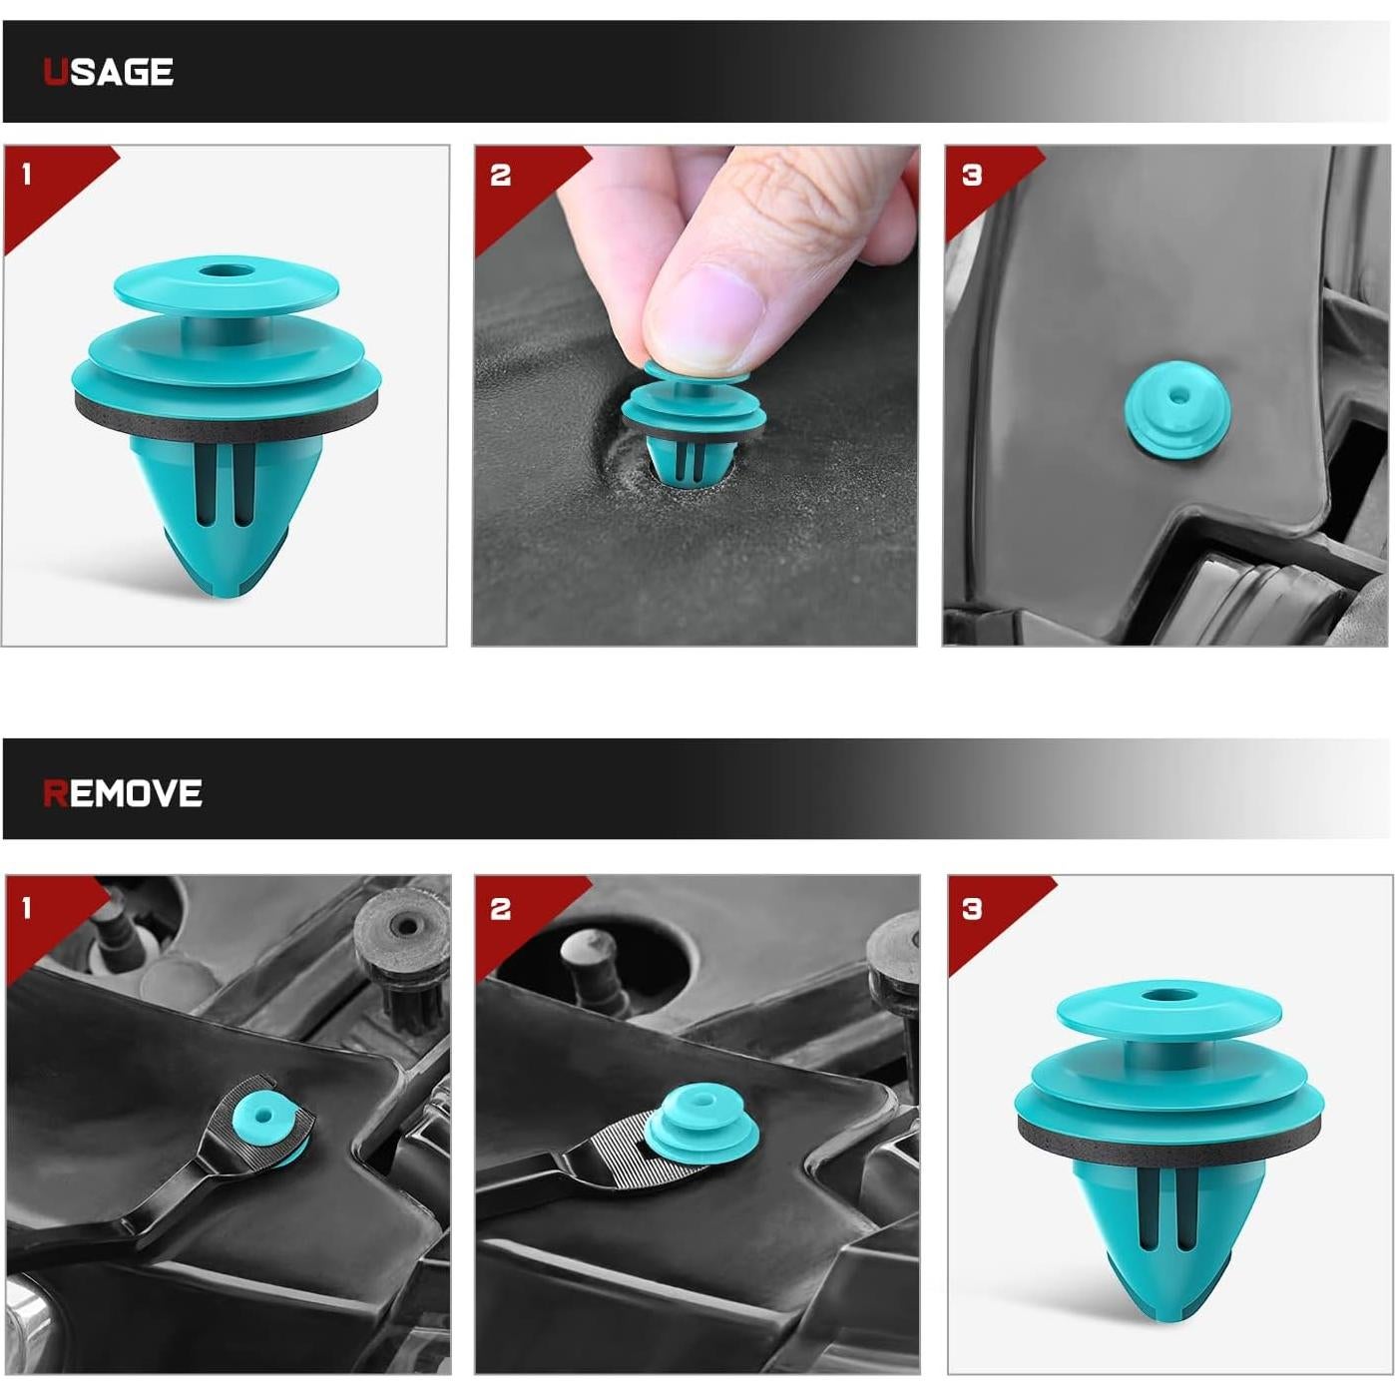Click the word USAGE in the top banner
[x=109, y=72]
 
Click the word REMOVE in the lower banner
[x=123, y=793]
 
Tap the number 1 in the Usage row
[x=27, y=175]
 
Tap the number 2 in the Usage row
[x=500, y=176]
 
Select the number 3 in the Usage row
[x=972, y=176]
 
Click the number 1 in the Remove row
[x=27, y=908]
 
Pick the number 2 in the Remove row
[x=500, y=908]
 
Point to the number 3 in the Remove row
[x=972, y=908]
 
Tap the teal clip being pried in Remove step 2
[x=698, y=1122]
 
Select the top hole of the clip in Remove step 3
[x=1162, y=995]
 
